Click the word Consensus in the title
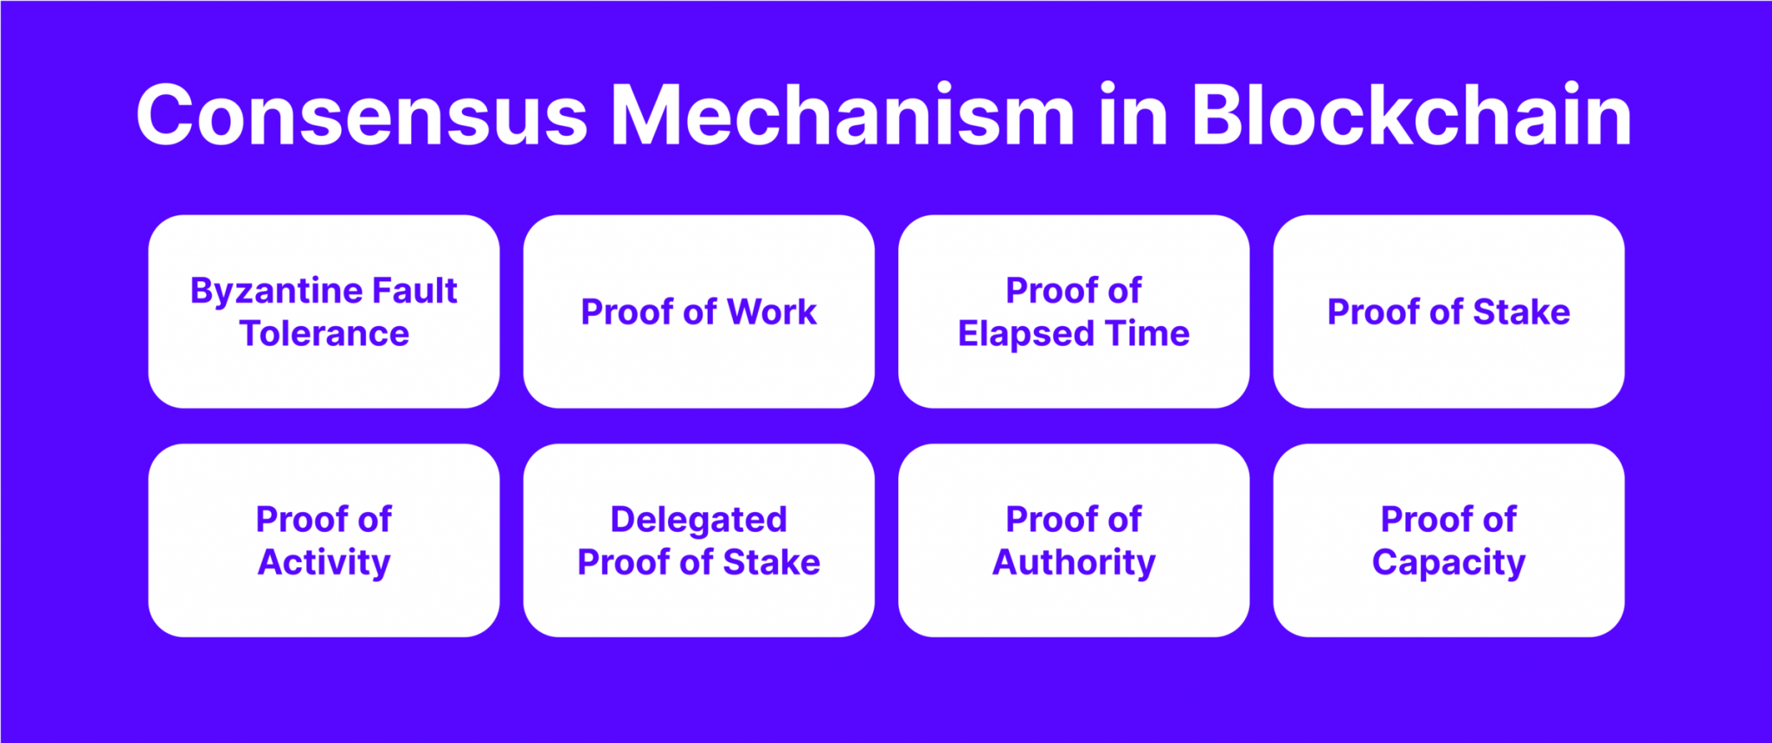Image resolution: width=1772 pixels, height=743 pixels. click(362, 116)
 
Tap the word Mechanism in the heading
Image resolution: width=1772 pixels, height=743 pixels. click(843, 116)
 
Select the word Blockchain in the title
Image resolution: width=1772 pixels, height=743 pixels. click(1411, 116)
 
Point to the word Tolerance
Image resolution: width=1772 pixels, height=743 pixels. click(324, 334)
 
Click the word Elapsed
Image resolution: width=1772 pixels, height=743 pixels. click(1025, 335)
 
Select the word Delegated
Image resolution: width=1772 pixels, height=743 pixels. click(698, 520)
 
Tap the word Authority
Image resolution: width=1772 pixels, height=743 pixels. click(1073, 563)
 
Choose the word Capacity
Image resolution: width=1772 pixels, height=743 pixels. click(1448, 563)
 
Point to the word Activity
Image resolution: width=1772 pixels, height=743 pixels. click(324, 563)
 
